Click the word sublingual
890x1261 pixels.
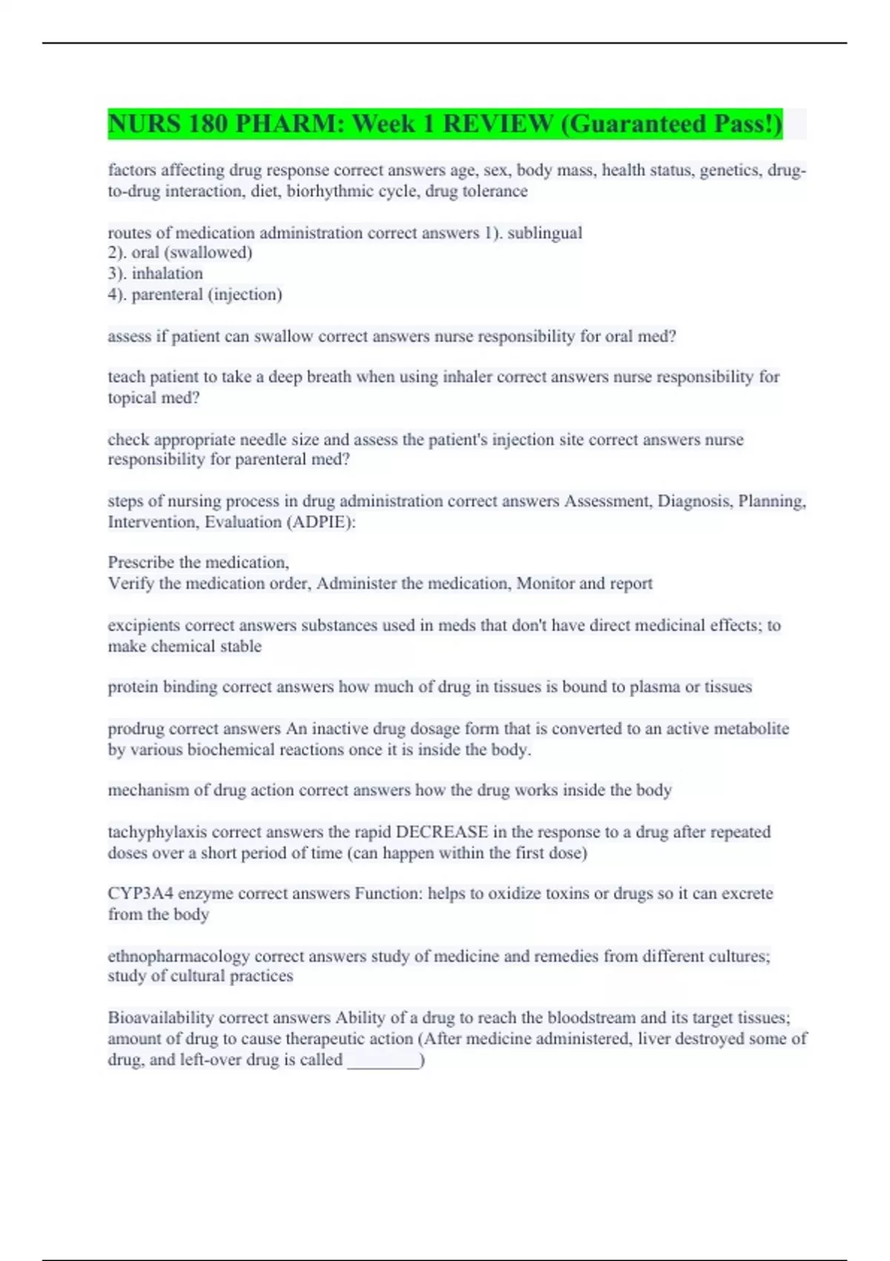click(x=544, y=233)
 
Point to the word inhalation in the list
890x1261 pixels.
click(x=167, y=274)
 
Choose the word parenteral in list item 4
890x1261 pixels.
click(x=167, y=294)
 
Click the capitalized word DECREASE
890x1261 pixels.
click(x=442, y=832)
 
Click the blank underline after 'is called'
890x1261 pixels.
click(x=383, y=1061)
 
